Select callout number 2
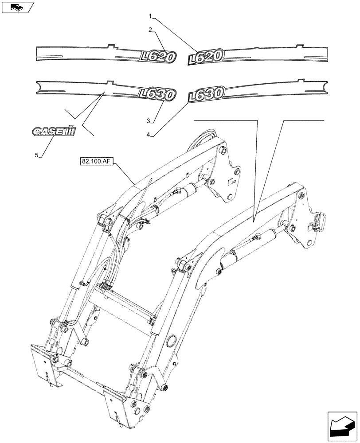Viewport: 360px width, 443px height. point(151,30)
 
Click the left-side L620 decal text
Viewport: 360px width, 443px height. point(158,56)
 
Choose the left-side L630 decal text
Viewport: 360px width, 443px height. point(157,94)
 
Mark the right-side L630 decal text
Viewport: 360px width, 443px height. point(207,94)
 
